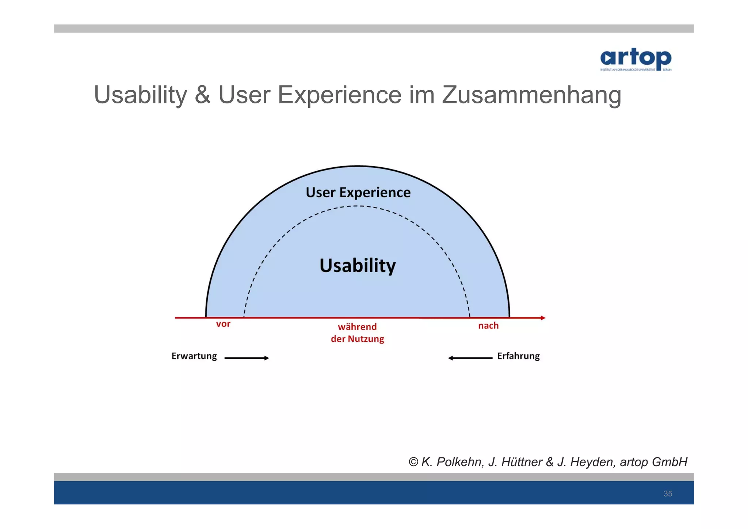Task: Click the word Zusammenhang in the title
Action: click(x=531, y=95)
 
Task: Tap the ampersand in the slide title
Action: click(x=202, y=95)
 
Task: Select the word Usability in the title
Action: click(x=140, y=95)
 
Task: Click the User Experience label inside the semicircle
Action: click(x=358, y=193)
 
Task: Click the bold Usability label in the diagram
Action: click(x=358, y=266)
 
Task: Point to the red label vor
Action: click(x=223, y=324)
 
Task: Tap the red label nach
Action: click(x=488, y=326)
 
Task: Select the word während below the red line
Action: click(x=357, y=327)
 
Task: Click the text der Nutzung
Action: click(x=357, y=339)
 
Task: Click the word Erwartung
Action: click(x=194, y=356)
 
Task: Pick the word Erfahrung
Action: click(x=518, y=356)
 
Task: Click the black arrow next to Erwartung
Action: click(x=247, y=358)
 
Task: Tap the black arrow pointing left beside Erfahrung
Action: click(x=470, y=358)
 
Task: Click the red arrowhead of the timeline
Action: click(x=543, y=318)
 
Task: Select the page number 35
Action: click(x=668, y=494)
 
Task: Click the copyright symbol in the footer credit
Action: click(x=413, y=462)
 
